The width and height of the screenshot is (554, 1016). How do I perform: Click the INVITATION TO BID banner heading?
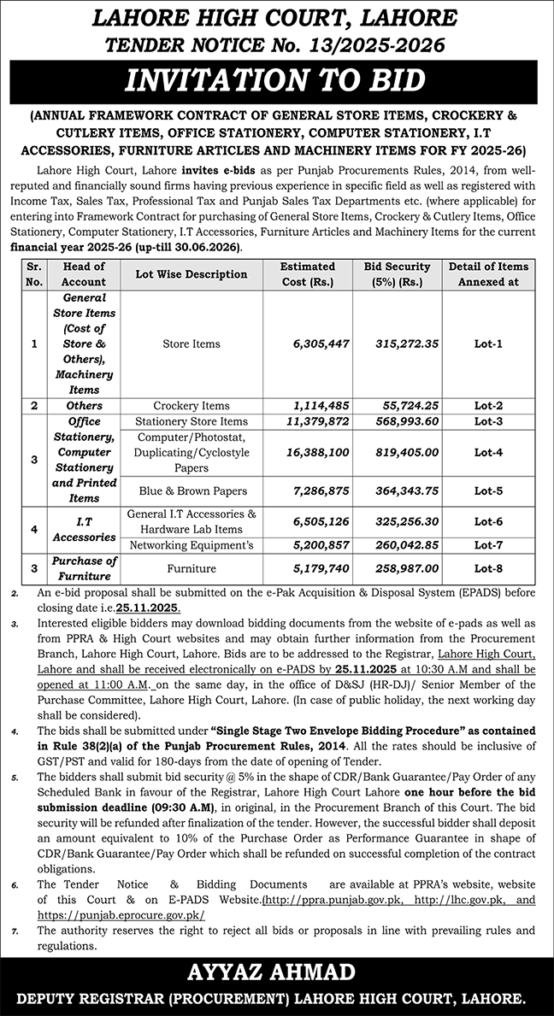click(x=275, y=81)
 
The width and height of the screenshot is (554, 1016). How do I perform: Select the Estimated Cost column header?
click(x=308, y=273)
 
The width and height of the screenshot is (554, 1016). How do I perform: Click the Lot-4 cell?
click(x=488, y=452)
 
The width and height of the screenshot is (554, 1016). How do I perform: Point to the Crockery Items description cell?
click(x=192, y=406)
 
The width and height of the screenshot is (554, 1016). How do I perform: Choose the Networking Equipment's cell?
click(x=192, y=545)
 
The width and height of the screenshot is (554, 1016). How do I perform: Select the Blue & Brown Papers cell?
click(x=192, y=491)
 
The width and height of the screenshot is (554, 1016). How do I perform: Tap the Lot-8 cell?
click(x=488, y=568)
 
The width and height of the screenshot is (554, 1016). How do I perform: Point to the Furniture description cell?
click(x=192, y=568)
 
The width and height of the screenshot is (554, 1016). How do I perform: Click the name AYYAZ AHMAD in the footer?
click(x=276, y=973)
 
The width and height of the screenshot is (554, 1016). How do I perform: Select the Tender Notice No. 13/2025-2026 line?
click(x=275, y=42)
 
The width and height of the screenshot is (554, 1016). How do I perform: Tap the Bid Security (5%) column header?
click(x=397, y=273)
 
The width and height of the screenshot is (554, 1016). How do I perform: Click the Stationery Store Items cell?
click(x=192, y=421)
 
